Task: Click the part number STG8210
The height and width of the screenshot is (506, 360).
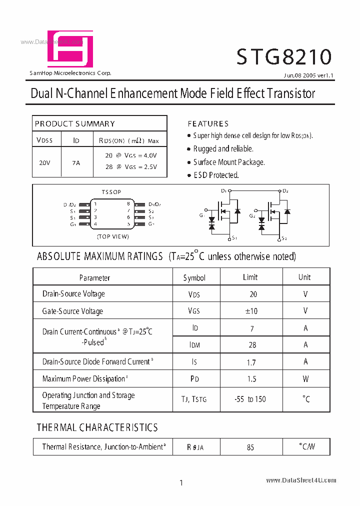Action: click(284, 57)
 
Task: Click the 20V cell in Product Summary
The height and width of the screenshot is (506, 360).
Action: click(44, 162)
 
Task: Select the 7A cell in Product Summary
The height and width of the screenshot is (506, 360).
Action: click(76, 162)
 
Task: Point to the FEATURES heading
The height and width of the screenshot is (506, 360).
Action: click(208, 123)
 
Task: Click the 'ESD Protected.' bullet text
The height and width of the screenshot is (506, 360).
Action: click(216, 175)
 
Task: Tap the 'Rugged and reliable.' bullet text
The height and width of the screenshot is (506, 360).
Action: click(223, 148)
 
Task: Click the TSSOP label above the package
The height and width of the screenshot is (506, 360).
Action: click(111, 192)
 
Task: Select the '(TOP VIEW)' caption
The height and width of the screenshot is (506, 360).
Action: click(113, 236)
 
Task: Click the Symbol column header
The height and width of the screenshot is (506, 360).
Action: click(194, 277)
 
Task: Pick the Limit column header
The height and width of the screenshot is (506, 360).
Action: click(250, 277)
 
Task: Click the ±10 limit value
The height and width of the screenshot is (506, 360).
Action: click(251, 311)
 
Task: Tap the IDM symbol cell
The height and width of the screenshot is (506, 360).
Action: click(194, 345)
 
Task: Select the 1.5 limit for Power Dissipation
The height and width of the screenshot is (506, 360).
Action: click(251, 379)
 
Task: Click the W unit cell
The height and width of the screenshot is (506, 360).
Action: click(305, 379)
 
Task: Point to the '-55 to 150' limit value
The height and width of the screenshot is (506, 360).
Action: click(250, 399)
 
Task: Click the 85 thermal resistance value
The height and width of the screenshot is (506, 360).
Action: click(250, 447)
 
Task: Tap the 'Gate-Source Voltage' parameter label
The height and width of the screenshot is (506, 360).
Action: click(72, 311)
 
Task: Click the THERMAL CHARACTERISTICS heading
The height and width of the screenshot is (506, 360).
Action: click(97, 427)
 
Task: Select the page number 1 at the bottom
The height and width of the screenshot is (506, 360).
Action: click(181, 482)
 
